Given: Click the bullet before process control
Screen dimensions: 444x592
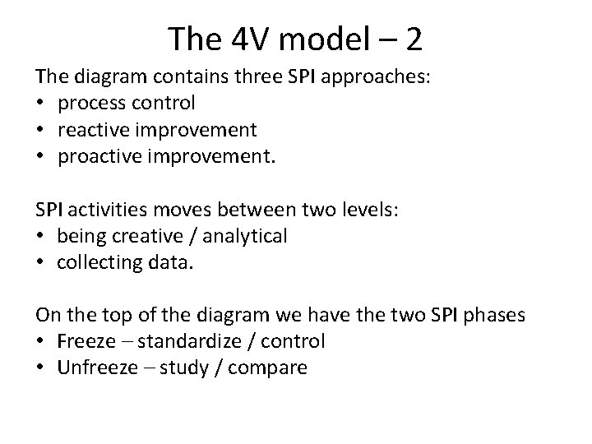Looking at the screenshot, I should (40, 104).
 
